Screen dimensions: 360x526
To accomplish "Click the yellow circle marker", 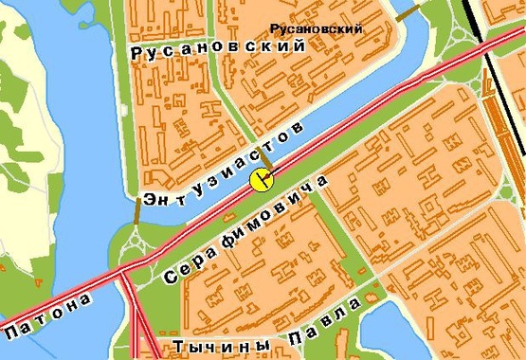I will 262,180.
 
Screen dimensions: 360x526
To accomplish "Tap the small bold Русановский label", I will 316,29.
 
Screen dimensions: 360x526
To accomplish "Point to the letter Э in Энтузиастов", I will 150,199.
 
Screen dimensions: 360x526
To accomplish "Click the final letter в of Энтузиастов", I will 301,127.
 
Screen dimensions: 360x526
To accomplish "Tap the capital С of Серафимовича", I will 172,278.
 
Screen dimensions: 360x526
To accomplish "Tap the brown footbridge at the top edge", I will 407,12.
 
